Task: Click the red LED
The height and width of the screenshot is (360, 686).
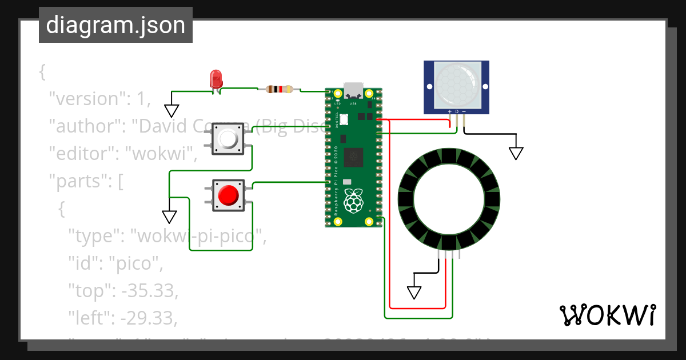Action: click(216, 79)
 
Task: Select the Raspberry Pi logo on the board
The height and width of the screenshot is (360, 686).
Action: click(354, 201)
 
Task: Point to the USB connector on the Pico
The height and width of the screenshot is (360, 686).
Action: click(353, 91)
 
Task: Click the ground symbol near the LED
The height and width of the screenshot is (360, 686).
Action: click(171, 110)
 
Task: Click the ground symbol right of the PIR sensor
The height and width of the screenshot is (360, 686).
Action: click(516, 153)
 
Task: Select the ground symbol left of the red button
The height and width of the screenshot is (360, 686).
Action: click(169, 217)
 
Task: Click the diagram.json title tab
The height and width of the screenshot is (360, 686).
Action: click(115, 26)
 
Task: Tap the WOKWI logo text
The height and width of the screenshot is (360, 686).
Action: click(607, 315)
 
